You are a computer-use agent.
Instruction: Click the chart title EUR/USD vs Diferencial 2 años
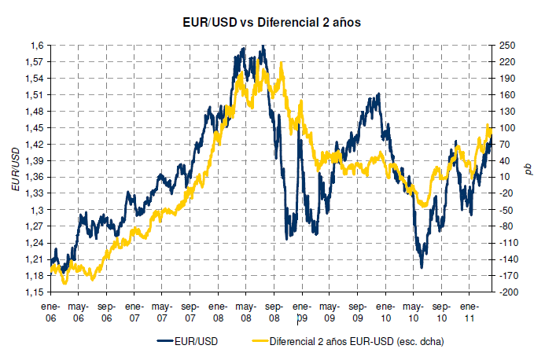coord(271,23)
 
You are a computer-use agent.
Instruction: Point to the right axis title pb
coord(528,168)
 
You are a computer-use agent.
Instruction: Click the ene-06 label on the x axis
coord(50,313)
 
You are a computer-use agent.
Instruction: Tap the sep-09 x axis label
coord(357,313)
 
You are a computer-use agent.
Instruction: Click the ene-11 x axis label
coord(469,313)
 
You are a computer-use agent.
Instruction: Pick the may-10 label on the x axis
coord(413,313)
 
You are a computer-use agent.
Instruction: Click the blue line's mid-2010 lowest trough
coord(422,268)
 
